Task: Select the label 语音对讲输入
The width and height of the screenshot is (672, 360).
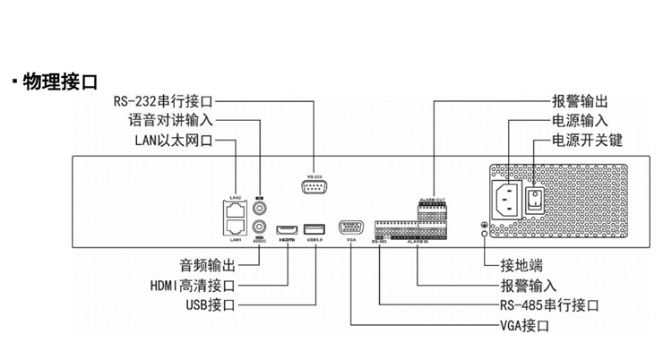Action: pos(166,121)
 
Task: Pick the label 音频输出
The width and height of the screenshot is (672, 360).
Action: pos(208,266)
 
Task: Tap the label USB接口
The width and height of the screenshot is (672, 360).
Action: pos(205,305)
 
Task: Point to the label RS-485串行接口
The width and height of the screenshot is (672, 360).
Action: pos(549,305)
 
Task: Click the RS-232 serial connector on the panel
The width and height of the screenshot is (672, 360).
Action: pos(314,186)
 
